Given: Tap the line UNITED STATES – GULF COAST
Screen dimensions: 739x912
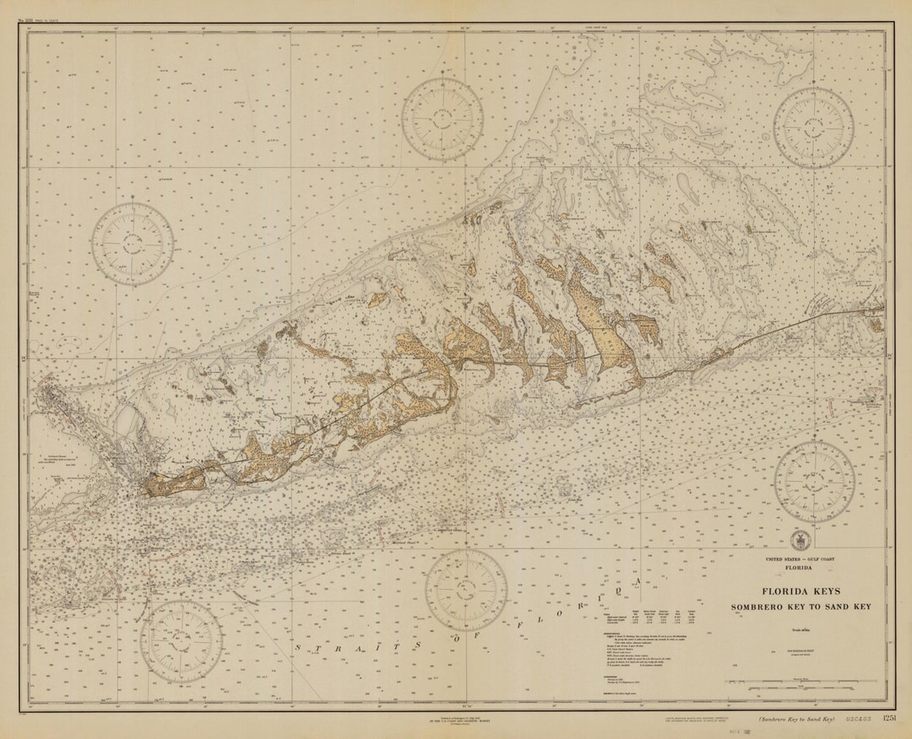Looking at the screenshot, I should click(x=798, y=559).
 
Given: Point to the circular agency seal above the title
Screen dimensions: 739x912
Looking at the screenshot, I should click(x=798, y=541).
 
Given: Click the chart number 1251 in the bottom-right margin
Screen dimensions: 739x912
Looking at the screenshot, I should click(x=888, y=718).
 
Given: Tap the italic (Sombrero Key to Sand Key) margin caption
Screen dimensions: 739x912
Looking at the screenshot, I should click(x=795, y=719).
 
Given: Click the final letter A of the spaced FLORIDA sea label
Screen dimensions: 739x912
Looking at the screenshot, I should click(x=640, y=582).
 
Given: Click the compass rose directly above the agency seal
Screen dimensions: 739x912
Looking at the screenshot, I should click(x=814, y=482).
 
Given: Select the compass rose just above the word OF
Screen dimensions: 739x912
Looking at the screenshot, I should click(x=466, y=591).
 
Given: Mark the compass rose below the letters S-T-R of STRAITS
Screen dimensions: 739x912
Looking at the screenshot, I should click(x=182, y=641).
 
